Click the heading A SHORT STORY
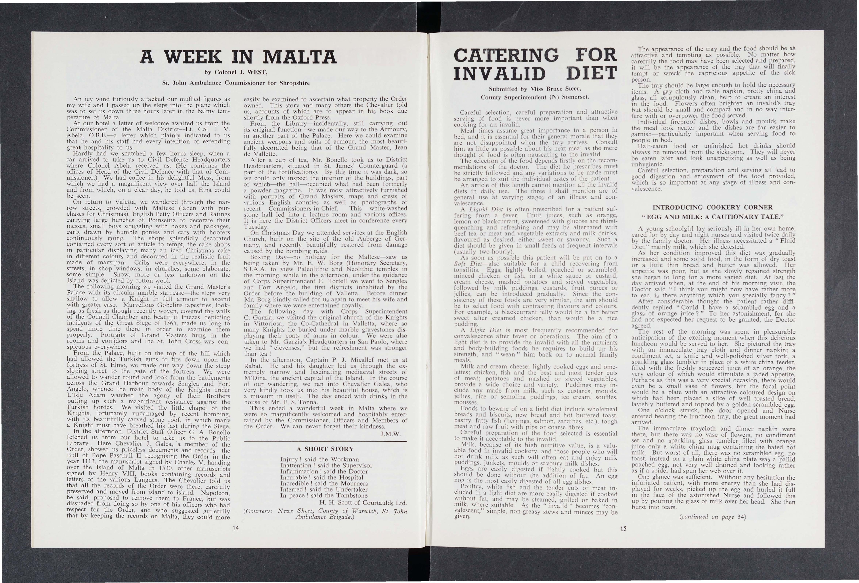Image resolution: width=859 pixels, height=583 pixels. (325, 449)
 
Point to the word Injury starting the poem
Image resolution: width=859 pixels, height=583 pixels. (289, 459)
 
